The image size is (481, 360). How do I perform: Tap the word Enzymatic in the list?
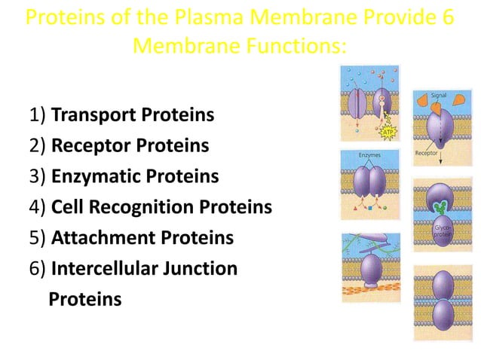point(95,176)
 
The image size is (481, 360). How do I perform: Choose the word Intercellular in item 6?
point(107,268)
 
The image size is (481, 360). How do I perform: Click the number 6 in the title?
point(446,17)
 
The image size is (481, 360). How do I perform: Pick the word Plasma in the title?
point(198,17)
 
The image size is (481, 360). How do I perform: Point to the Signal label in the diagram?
point(439,96)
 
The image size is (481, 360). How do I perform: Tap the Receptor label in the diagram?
point(427,154)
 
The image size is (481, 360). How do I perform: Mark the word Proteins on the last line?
point(84,299)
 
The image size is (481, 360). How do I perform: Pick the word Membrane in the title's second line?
point(179,46)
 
